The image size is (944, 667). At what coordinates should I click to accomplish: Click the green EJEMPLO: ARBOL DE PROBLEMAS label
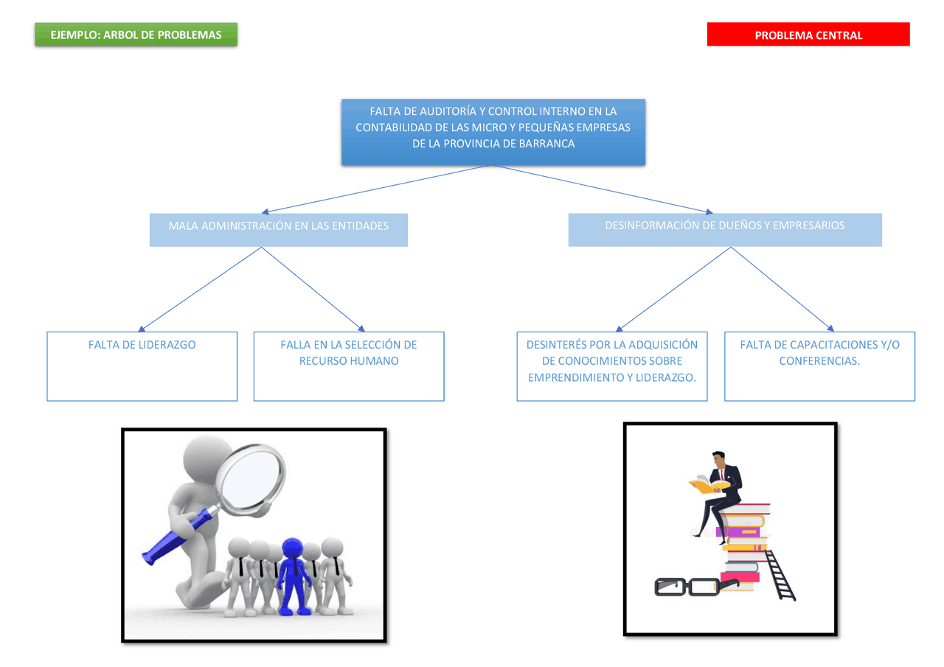click(136, 35)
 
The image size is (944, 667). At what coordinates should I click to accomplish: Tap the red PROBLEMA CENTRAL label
click(808, 35)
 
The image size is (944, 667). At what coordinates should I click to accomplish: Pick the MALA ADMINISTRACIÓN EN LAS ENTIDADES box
click(278, 229)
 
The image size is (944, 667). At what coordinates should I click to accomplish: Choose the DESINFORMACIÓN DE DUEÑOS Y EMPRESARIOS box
click(724, 229)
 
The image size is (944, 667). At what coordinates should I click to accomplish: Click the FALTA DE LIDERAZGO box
click(142, 366)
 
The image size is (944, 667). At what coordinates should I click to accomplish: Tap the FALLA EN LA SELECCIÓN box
click(348, 366)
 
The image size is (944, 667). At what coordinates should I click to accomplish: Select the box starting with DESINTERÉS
click(611, 366)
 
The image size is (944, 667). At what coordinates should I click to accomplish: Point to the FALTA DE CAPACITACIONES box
click(819, 366)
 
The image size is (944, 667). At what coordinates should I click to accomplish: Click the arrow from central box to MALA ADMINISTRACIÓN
click(376, 189)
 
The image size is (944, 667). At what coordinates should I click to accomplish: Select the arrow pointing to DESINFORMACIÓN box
click(605, 189)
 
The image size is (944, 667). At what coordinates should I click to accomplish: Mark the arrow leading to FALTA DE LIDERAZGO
click(199, 290)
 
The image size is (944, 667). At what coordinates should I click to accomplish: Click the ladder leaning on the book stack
click(780, 575)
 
